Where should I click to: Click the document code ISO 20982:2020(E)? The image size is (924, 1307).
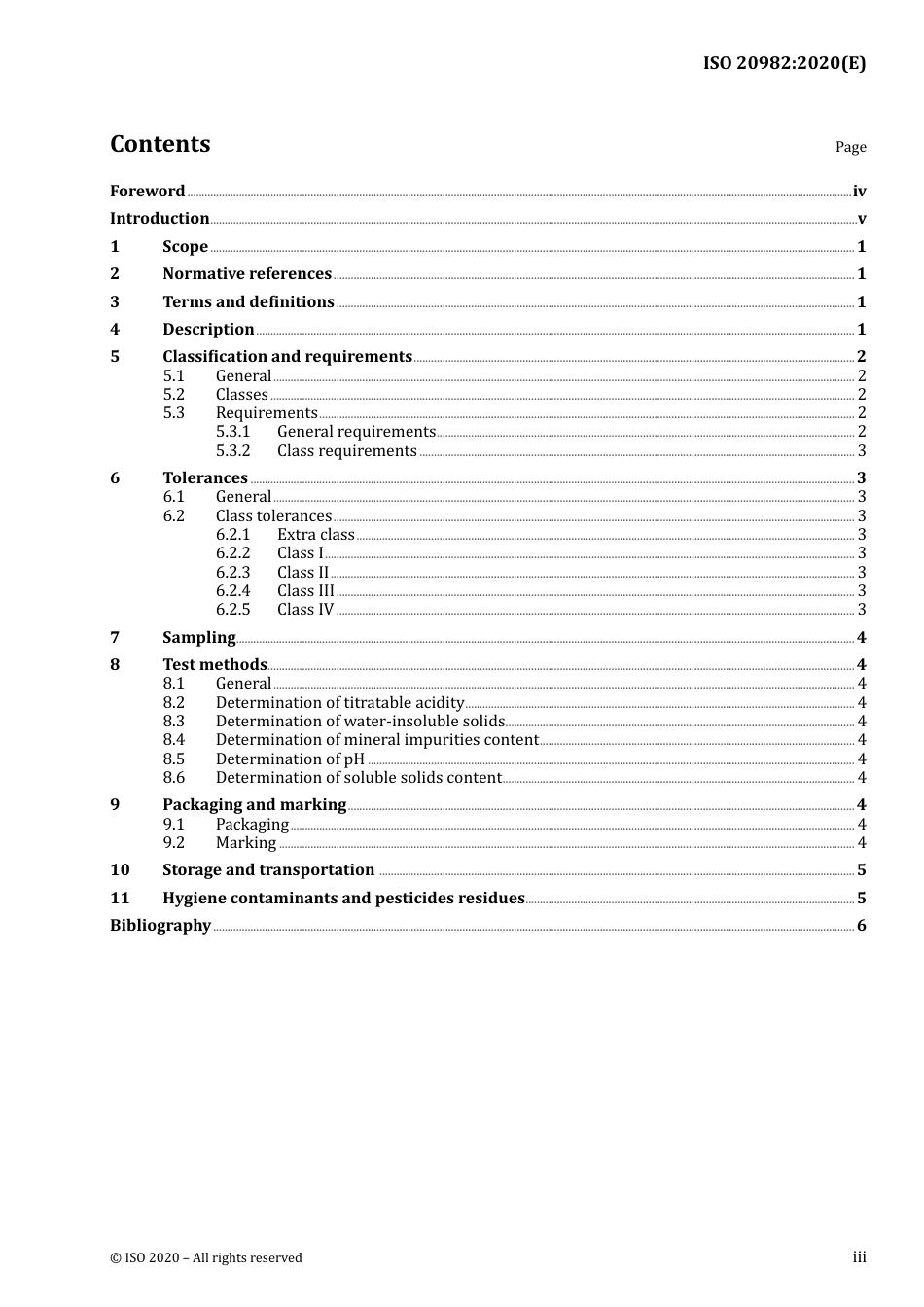[x=784, y=63]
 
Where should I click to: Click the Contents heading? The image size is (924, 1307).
[x=160, y=144]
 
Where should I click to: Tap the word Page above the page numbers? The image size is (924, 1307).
[x=850, y=147]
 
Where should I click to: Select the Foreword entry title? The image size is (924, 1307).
[x=147, y=191]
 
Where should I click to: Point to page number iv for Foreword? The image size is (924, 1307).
[x=859, y=192]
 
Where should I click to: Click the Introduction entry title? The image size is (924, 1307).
[x=160, y=218]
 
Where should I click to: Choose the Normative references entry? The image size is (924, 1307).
[x=247, y=274]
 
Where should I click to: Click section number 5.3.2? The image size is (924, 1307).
[x=232, y=450]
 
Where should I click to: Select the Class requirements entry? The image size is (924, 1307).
[x=346, y=450]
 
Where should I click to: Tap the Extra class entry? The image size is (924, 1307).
[x=315, y=534]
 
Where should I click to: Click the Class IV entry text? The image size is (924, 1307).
[x=304, y=610]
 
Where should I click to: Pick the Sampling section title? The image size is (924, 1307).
[x=198, y=638]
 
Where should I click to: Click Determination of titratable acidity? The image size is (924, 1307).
[x=339, y=702]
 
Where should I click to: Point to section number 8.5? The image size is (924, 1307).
[x=173, y=759]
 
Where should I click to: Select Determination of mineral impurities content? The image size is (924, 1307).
[x=376, y=740]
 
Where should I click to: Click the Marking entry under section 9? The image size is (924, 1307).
[x=245, y=843]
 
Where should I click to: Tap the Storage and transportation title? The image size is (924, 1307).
[x=268, y=870]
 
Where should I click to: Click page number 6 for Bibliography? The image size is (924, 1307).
[x=861, y=926]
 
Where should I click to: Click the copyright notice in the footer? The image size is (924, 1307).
[x=206, y=1257]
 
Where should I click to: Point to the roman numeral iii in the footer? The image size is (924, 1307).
[x=859, y=1257]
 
